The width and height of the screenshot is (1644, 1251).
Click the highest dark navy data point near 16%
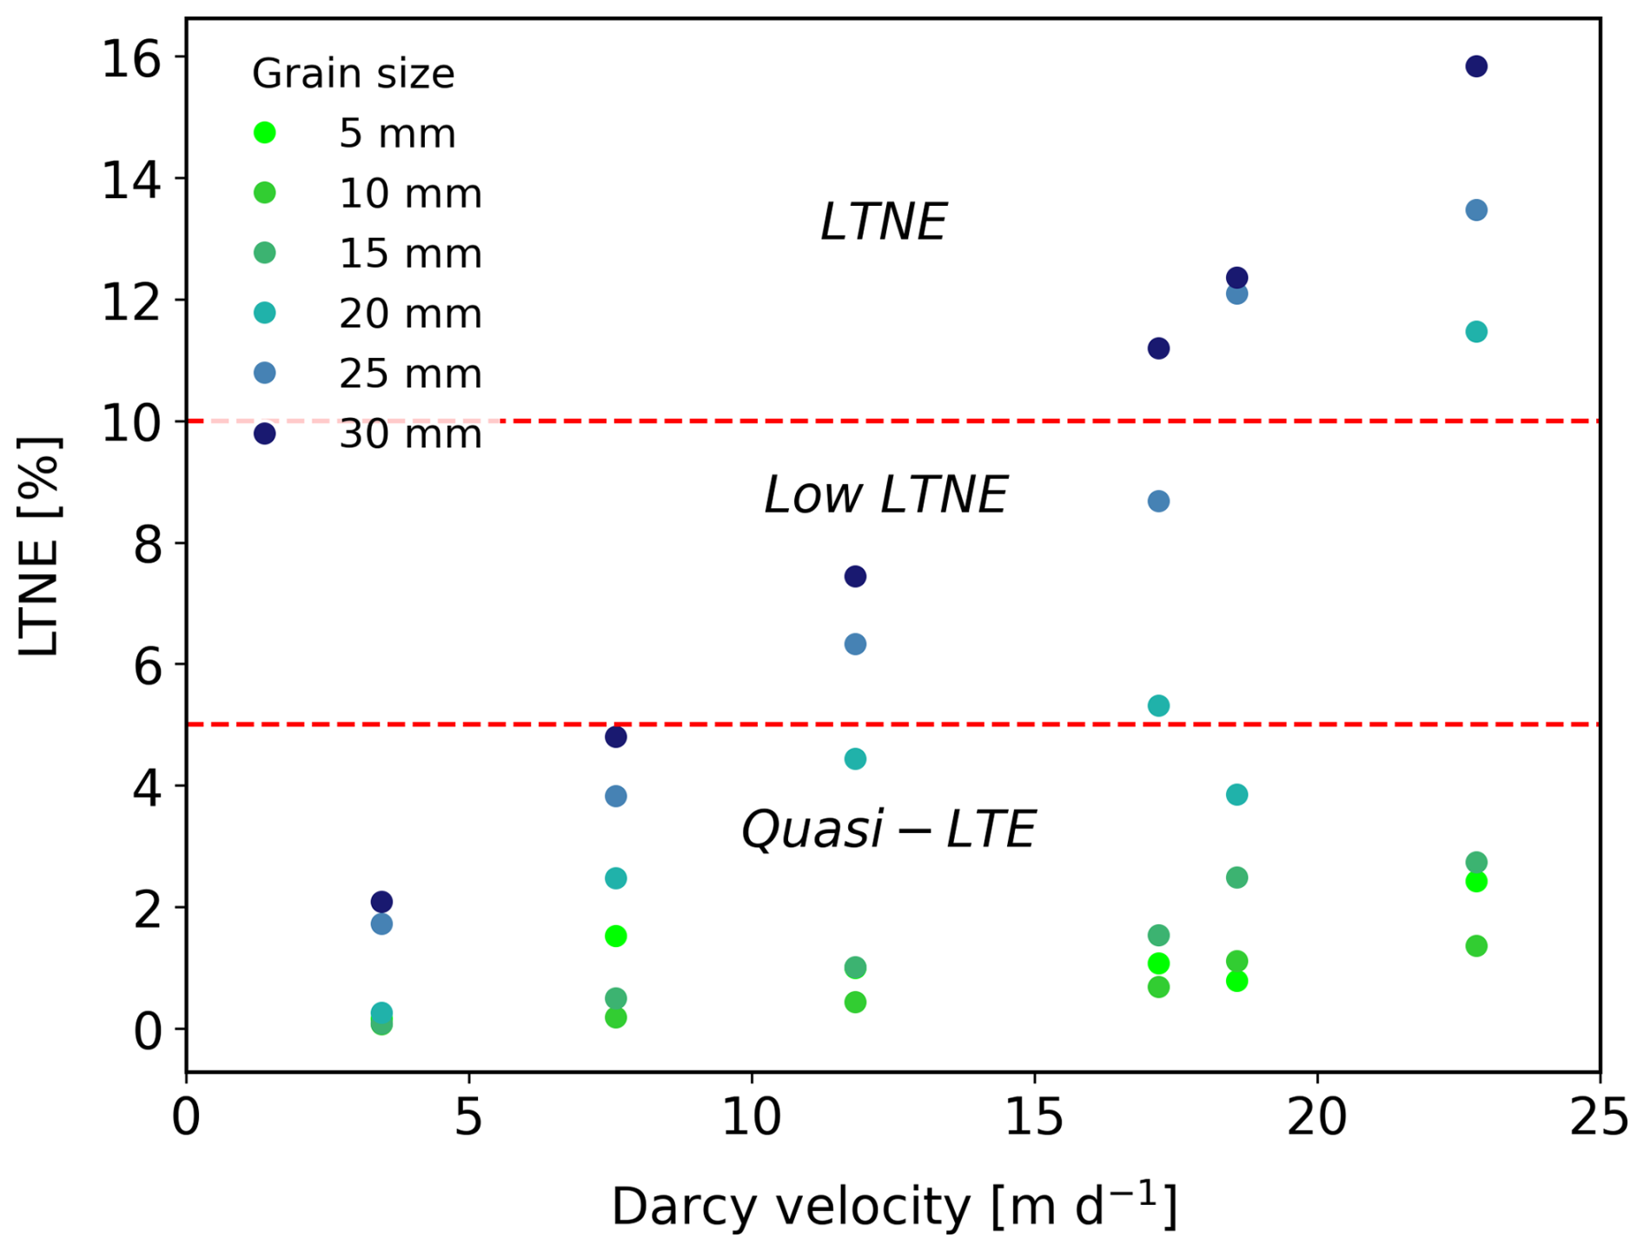tap(1475, 66)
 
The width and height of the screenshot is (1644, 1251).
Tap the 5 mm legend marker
tap(265, 133)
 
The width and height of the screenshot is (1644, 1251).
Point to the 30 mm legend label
tap(409, 434)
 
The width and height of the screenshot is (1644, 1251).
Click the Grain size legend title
tap(353, 74)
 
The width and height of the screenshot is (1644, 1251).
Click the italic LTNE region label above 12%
tap(883, 222)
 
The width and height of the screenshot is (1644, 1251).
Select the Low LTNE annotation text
tap(885, 495)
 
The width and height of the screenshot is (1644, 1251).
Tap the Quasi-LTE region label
tap(887, 829)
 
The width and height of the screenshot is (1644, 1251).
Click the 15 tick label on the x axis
tap(1034, 1118)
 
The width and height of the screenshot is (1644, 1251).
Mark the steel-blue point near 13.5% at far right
tap(1475, 210)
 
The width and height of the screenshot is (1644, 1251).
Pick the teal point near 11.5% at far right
tap(1475, 332)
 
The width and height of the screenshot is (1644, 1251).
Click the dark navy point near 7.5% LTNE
tap(855, 577)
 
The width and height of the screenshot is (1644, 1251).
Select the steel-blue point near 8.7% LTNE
tap(1158, 501)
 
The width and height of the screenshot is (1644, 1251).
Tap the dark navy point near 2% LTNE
tap(381, 902)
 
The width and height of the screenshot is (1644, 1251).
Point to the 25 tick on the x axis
tap(1599, 1118)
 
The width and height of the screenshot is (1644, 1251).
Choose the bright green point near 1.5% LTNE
tap(615, 936)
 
